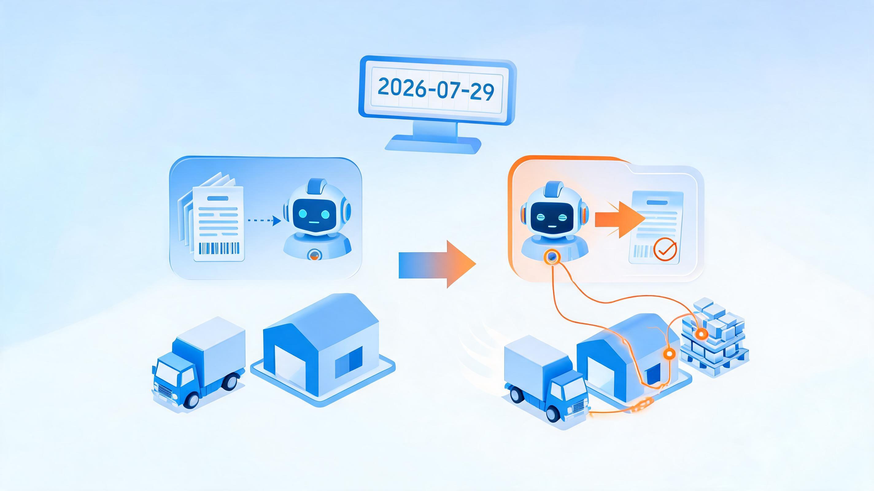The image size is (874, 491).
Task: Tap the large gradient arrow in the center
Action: pos(437,264)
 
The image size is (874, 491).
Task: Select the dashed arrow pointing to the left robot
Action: pos(264,221)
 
